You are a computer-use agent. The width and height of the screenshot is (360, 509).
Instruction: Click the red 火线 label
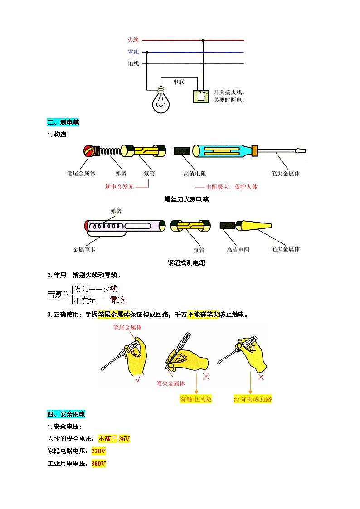pyautogui.click(x=133, y=40)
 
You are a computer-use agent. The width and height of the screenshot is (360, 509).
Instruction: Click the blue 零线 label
pyautogui.click(x=133, y=52)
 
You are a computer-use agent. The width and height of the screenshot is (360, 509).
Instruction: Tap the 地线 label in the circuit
pyautogui.click(x=133, y=64)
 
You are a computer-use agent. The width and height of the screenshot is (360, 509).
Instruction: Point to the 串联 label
pyautogui.click(x=180, y=82)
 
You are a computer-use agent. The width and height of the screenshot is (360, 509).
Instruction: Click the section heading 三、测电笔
pyautogui.click(x=63, y=122)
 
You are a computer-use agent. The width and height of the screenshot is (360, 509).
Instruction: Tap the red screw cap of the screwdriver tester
pyautogui.click(x=91, y=151)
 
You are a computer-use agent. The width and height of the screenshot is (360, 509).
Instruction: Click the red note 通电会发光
pyautogui.click(x=119, y=187)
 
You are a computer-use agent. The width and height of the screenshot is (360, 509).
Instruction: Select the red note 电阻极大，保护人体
pyautogui.click(x=231, y=187)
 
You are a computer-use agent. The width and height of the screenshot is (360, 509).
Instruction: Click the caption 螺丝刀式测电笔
pyautogui.click(x=186, y=199)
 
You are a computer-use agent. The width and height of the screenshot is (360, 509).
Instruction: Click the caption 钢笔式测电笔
pyautogui.click(x=186, y=263)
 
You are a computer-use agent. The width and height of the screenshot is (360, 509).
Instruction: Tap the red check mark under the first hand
pyautogui.click(x=137, y=379)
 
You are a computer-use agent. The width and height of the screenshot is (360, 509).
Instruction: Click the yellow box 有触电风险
pyautogui.click(x=196, y=399)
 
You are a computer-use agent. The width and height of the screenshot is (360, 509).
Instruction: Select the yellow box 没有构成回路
pyautogui.click(x=253, y=399)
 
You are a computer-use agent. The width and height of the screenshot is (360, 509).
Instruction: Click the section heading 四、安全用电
pyautogui.click(x=66, y=414)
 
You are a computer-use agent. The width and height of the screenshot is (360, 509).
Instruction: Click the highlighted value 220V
pyautogui.click(x=98, y=451)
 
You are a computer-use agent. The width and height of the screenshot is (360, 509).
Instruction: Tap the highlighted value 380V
pyautogui.click(x=98, y=464)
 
